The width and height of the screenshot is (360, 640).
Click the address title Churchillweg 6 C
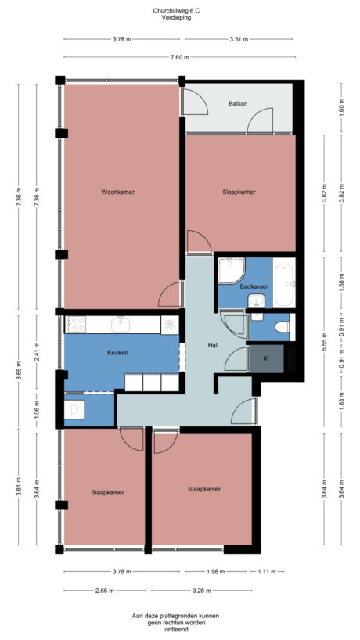179,10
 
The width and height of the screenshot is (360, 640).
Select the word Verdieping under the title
179,17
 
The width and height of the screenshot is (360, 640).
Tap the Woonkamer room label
117,192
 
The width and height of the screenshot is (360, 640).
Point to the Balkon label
239,103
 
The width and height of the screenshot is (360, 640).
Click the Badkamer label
254,286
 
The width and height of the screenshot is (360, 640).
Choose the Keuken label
117,353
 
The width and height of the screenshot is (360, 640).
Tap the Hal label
212,345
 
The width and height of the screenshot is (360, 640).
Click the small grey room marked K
265,358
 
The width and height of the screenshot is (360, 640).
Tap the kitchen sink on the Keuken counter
121,324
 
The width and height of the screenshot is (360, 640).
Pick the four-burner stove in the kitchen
76,324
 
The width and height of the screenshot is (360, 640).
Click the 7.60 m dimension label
179,56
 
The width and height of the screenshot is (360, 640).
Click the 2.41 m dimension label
38,353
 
